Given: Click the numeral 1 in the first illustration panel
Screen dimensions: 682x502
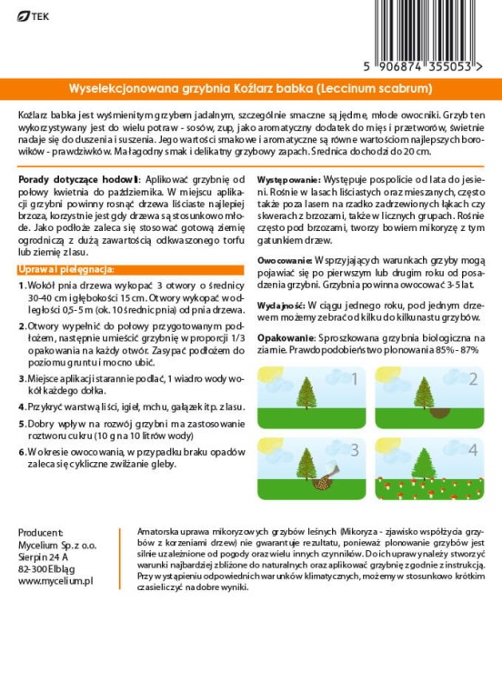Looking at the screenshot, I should point(355,380).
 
